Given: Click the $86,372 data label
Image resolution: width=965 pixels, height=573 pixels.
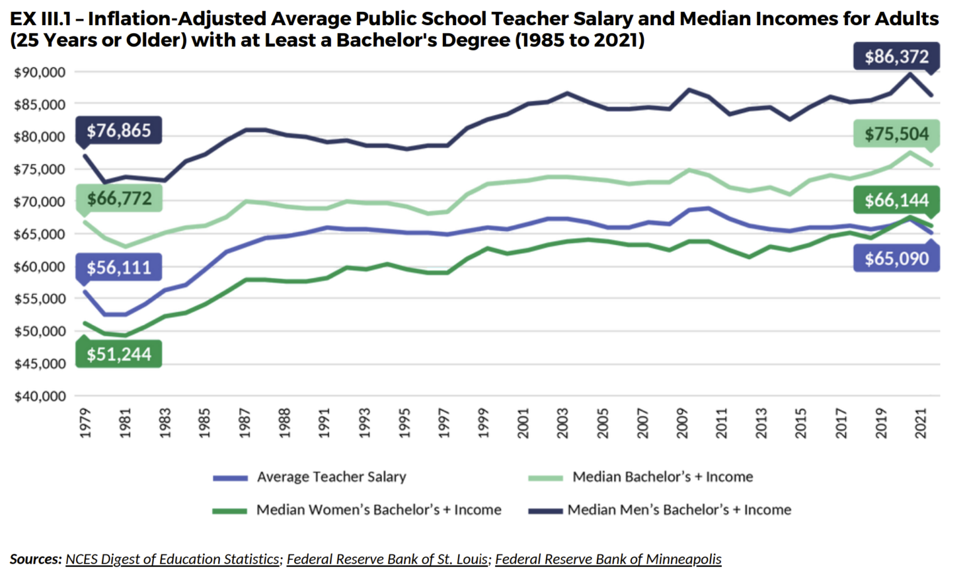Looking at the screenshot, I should point(896,57).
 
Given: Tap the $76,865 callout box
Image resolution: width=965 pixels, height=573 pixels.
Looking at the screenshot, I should point(119,131).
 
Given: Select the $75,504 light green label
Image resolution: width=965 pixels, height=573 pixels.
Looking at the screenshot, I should point(896,134).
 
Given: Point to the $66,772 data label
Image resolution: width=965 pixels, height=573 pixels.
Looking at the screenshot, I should point(119,199).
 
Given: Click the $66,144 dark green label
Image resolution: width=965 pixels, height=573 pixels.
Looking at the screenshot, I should point(896,200).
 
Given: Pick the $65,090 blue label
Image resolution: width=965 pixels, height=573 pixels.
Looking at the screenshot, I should point(896,259).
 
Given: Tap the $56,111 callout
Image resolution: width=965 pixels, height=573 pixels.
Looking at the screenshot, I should point(119,268).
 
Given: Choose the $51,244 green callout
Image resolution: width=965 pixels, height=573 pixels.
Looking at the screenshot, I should point(119,354).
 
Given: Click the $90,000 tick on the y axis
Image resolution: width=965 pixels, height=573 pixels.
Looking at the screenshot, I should point(40,72).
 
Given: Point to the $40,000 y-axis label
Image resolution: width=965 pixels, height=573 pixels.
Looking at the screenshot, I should point(40,396).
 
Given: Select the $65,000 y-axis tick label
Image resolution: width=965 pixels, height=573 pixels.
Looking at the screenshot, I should point(40,234).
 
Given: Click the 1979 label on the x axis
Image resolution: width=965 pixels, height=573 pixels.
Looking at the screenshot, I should point(85,423).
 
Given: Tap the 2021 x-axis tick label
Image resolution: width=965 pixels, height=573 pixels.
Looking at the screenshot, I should point(921,423).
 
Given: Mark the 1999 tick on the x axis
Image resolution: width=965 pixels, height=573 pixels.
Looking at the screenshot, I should point(483,423).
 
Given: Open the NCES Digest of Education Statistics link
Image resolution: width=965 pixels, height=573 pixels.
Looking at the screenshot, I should point(172,559).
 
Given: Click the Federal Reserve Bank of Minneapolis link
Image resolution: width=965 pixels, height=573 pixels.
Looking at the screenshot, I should point(608,559).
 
